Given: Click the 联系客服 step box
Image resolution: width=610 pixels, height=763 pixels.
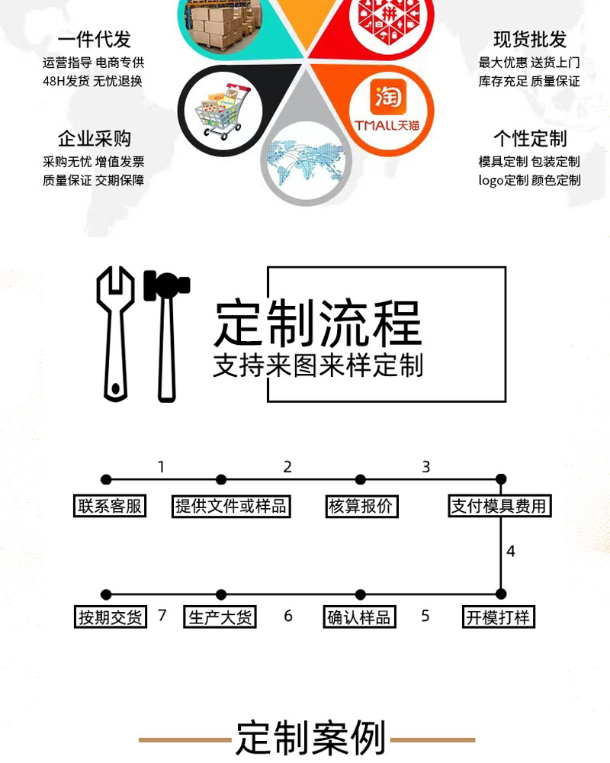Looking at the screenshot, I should (111, 506).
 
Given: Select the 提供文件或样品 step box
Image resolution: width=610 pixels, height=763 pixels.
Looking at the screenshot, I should (231, 506).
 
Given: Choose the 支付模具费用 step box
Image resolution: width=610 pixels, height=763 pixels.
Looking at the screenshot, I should (499, 506).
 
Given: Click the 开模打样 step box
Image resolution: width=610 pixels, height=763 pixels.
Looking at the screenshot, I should (499, 617).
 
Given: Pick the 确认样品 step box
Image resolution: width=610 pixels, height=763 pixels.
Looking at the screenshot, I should (359, 617).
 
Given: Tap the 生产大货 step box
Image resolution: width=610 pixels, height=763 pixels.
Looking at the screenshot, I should (220, 617).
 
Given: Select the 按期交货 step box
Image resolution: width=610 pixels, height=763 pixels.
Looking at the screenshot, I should (111, 617).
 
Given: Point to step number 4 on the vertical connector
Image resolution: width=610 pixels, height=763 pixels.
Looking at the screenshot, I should (511, 551).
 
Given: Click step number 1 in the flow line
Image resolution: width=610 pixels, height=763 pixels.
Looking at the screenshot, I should (161, 467).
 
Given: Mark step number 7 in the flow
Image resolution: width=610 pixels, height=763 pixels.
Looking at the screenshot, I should (162, 615).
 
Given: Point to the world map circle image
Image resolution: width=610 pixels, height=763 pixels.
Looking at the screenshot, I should (306, 161).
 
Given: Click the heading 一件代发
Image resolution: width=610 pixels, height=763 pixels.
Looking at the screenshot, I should (94, 40).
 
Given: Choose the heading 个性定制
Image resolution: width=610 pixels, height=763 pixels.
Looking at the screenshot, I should (530, 139).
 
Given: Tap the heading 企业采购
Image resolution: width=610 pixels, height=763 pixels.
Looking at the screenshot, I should (94, 139).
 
